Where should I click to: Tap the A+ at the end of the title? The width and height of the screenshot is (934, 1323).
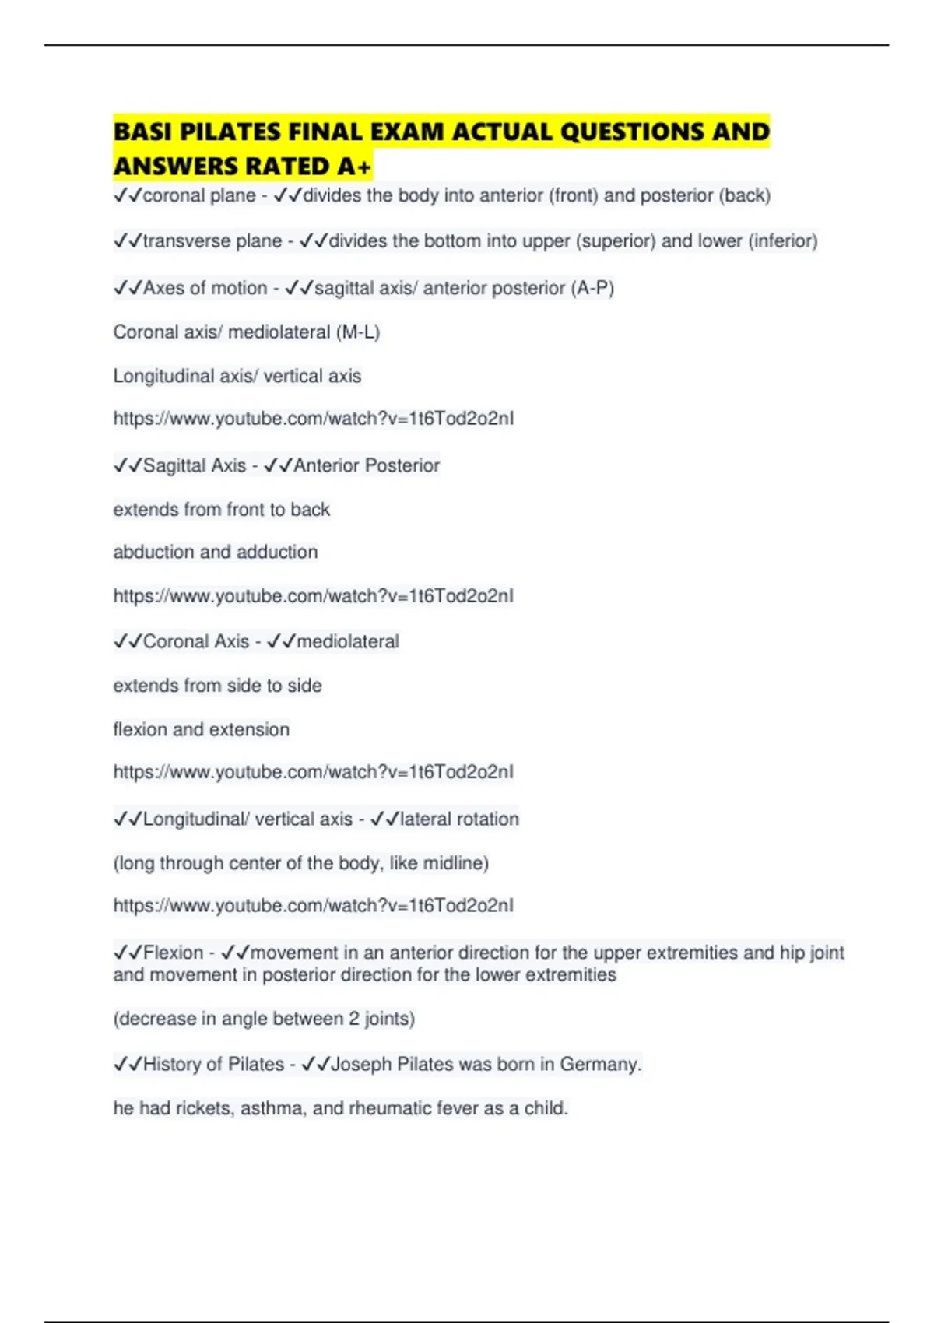(x=355, y=167)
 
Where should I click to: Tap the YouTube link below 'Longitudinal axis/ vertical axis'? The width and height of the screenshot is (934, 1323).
(x=313, y=419)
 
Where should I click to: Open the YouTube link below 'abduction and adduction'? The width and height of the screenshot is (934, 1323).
(x=313, y=596)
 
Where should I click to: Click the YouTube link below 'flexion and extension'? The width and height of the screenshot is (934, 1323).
(x=313, y=772)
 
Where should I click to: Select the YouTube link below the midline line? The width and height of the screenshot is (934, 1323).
(x=313, y=906)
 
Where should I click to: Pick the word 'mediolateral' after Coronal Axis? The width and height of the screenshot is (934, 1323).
(x=348, y=642)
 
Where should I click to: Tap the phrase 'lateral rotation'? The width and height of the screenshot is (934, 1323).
(x=459, y=819)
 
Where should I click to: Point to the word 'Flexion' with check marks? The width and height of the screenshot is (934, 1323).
(x=173, y=953)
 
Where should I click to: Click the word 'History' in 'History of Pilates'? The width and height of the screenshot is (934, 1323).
(x=174, y=1064)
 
